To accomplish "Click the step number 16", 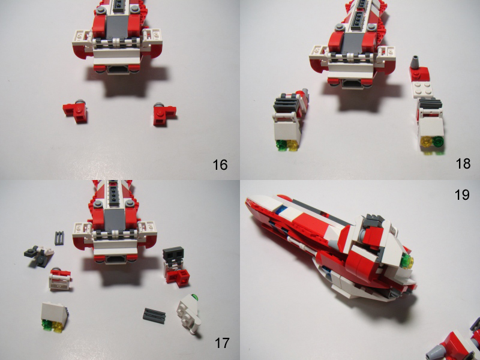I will (x=220, y=164).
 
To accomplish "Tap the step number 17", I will (x=221, y=343).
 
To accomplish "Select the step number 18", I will (x=462, y=164).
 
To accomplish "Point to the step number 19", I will (x=462, y=194).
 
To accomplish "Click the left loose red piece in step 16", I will (x=76, y=110).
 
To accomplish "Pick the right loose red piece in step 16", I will (x=161, y=113).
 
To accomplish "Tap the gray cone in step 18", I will (x=416, y=62).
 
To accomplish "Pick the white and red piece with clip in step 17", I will (x=60, y=278).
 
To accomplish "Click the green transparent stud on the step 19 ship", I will (x=410, y=260).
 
